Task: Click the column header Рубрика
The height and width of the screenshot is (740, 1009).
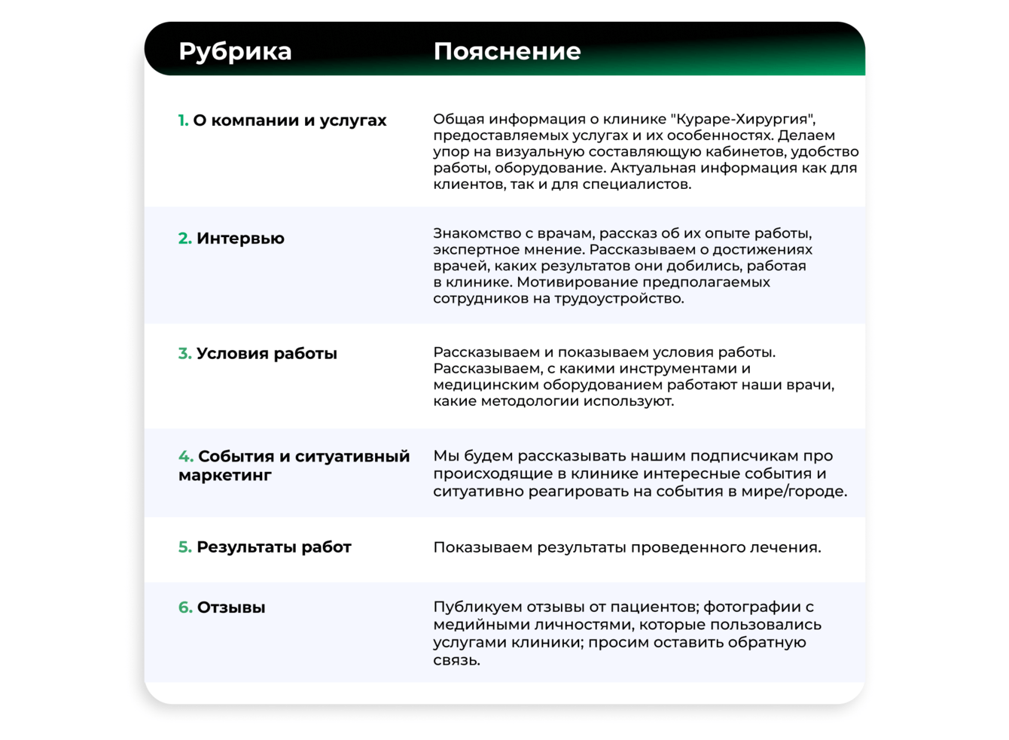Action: click(235, 51)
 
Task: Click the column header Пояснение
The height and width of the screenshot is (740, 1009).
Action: click(507, 51)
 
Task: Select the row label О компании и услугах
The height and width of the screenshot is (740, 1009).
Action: click(289, 120)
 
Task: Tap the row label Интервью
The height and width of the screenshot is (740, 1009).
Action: click(240, 239)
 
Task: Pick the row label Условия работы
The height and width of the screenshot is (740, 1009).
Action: click(267, 354)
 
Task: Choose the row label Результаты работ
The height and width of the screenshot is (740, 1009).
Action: click(273, 547)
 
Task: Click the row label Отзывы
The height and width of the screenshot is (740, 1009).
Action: click(230, 608)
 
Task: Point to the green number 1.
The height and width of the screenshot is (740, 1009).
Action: click(183, 120)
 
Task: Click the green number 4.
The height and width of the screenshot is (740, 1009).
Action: click(185, 457)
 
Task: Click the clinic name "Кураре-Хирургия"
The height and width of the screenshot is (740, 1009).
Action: click(743, 119)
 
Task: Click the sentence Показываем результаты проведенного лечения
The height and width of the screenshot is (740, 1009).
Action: click(626, 547)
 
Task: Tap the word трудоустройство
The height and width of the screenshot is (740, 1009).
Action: click(619, 299)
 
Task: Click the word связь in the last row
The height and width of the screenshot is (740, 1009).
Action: click(456, 661)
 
